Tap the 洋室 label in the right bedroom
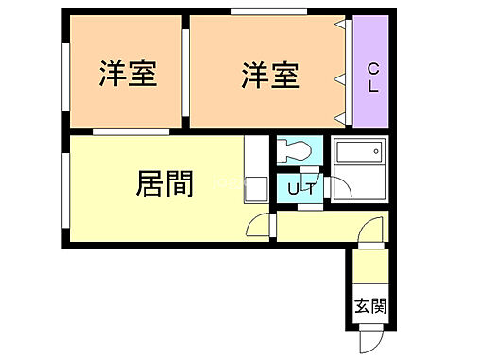tap(269, 74)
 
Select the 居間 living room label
tap(165, 183)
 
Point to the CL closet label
tap(372, 76)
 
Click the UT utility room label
tap(301, 189)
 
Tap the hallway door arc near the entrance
tap(372, 230)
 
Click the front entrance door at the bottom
tap(371, 337)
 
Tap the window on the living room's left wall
tap(64, 189)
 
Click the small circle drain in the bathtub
tap(376, 149)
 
